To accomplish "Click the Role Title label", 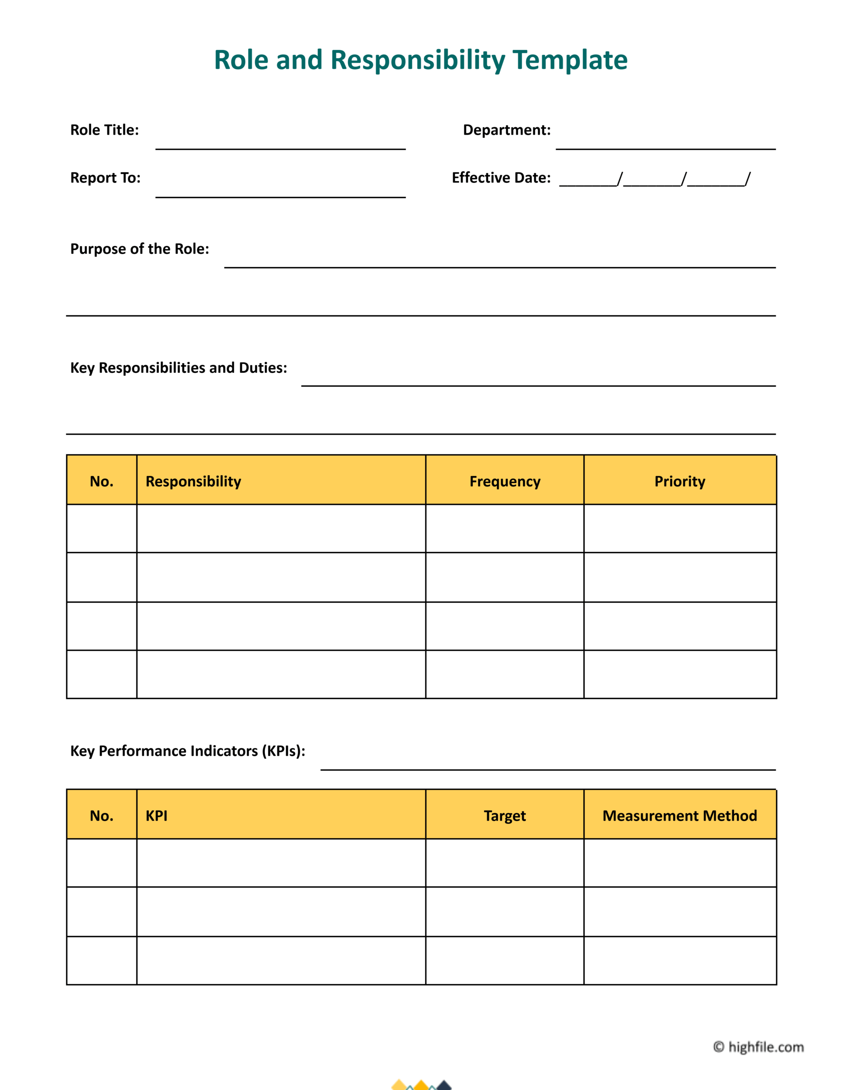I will pos(104,130).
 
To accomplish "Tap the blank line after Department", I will pos(665,145).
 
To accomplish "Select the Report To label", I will pos(105,178).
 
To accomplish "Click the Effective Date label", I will pos(501,178).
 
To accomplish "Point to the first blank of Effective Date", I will pos(588,182).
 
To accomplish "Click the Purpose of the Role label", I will pos(139,249).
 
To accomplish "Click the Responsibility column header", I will pos(193,482).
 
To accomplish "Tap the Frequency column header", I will pos(505,482).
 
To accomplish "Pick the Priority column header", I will pos(680,482).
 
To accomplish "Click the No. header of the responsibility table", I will pos(102,482).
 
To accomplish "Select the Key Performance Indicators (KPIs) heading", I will pos(188,751).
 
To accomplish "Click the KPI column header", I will pos(156,816).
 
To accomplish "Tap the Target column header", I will pos(505,816).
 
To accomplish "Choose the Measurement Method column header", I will pos(680,816).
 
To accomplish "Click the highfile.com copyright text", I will pos(759,1047).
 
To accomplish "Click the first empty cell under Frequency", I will pos(505,529).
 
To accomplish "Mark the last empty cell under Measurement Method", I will pos(680,960).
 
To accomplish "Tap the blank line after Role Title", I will pos(280,145).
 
